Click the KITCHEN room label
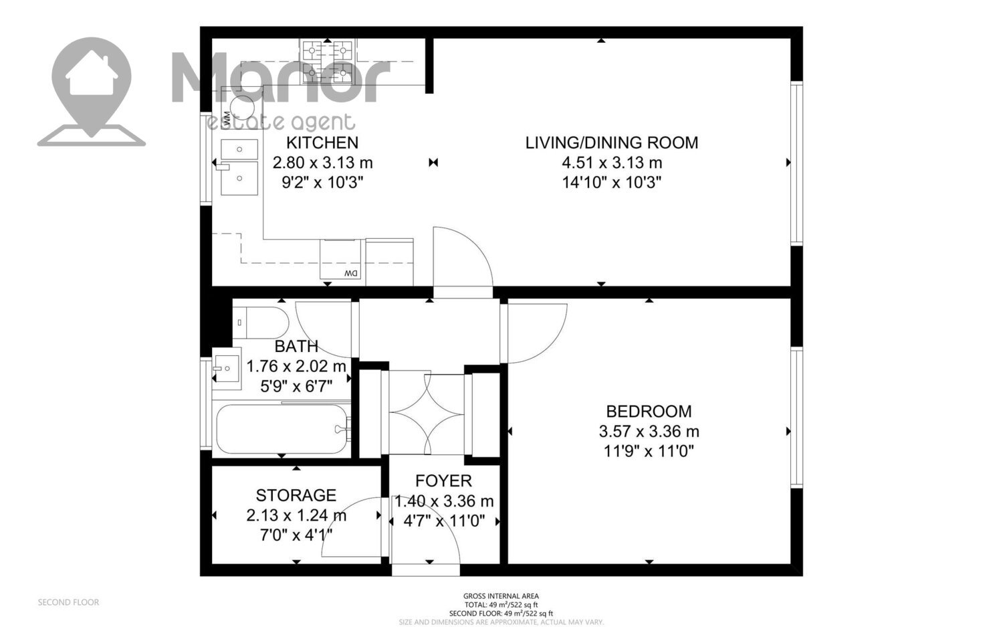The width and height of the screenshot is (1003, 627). [x=322, y=143]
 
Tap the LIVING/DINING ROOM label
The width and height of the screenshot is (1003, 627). [x=612, y=143]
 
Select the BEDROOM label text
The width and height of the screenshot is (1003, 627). [x=649, y=411]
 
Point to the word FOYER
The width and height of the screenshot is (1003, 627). [x=443, y=481]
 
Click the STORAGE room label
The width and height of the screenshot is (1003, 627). [x=296, y=495]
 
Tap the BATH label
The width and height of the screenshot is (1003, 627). [x=296, y=347]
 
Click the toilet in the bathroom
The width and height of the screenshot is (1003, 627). [x=261, y=323]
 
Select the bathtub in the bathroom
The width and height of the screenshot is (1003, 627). [x=283, y=430]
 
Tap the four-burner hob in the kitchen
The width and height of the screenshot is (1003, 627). [x=328, y=62]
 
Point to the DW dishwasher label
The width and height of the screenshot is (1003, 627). [x=351, y=272]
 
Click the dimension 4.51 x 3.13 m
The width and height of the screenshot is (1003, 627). [x=612, y=162]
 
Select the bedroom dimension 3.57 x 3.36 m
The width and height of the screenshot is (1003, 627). [x=649, y=431]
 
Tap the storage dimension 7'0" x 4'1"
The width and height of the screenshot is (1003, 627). [x=296, y=535]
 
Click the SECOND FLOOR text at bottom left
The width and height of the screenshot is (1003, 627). [x=68, y=602]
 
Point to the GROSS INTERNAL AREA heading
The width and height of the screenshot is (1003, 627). [x=501, y=596]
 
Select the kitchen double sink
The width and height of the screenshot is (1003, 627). [x=239, y=167]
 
